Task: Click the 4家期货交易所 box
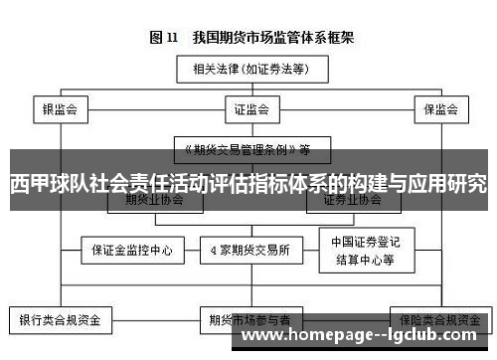248,250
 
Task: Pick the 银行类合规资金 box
61,320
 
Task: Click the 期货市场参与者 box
248,320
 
